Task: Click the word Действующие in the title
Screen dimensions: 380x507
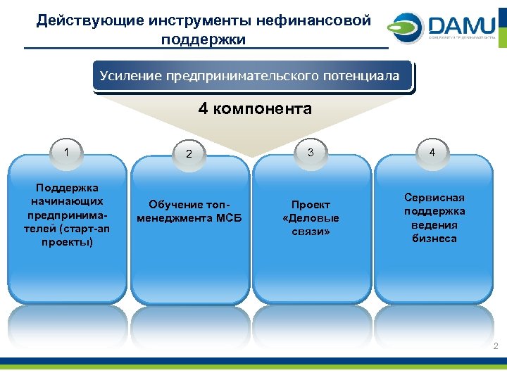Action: tap(80, 20)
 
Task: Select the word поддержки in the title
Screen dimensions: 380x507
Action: tap(204, 39)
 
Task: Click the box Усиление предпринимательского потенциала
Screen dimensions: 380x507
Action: tap(250, 75)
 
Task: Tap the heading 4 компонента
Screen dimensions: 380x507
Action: tap(255, 108)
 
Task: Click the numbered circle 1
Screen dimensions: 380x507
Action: tap(66, 151)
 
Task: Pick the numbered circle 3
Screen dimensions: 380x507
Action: tap(311, 151)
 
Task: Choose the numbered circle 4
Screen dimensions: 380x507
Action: tap(432, 152)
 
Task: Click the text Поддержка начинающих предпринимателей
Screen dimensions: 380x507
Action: tap(68, 215)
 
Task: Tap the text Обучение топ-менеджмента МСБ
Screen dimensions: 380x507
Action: tap(189, 211)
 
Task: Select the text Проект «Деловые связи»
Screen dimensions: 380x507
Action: tap(311, 218)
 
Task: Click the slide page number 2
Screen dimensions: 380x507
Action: tap(495, 346)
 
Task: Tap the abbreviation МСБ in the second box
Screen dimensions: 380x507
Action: tap(227, 218)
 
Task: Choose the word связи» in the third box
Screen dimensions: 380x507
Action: tap(311, 232)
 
